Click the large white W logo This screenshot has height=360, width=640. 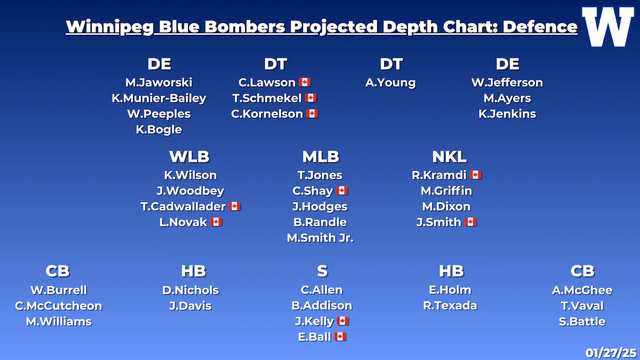(608, 27)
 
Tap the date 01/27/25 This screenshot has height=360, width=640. (611, 353)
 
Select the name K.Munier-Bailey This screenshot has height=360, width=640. (159, 98)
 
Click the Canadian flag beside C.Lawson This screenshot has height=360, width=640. (304, 82)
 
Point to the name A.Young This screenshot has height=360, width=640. (390, 83)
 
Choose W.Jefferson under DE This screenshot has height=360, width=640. (507, 83)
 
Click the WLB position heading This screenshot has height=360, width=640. (189, 156)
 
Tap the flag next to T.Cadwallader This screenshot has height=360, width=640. (234, 206)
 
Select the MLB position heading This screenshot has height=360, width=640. (320, 156)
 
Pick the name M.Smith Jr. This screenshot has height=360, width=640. (320, 238)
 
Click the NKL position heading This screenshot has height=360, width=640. (449, 156)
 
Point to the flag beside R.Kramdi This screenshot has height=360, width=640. (476, 175)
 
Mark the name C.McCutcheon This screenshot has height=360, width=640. (58, 306)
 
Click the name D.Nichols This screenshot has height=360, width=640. (190, 290)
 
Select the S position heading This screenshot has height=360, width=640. (322, 271)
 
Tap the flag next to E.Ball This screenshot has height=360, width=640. (340, 336)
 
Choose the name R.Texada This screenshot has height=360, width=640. (450, 306)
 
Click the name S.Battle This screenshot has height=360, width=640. (582, 322)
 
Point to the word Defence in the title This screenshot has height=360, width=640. (540, 27)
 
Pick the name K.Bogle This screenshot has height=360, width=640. (159, 130)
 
